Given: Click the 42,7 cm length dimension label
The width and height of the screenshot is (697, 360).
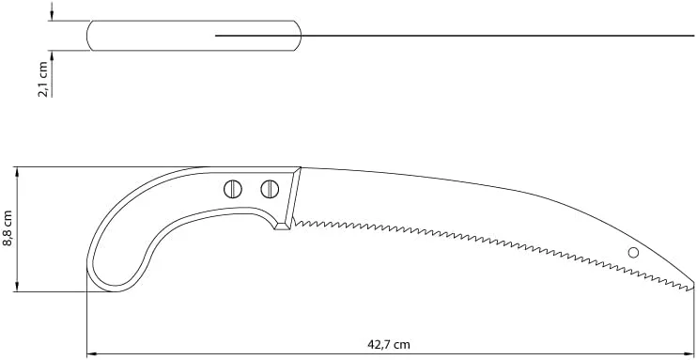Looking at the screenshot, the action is click(x=389, y=344).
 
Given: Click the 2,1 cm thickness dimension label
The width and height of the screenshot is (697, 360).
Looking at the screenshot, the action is click(x=43, y=79).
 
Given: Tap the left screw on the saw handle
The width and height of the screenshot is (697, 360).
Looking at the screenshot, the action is click(x=233, y=189).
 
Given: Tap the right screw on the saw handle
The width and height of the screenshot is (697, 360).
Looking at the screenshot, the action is click(x=270, y=189).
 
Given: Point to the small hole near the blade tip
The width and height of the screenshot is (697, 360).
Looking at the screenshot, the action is click(x=633, y=253).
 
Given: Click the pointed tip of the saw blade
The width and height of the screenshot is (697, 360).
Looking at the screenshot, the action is click(x=693, y=283).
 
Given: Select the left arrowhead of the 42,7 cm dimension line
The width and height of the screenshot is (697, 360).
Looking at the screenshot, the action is click(x=91, y=354).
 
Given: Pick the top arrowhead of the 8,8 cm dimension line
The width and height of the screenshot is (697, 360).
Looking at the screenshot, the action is click(x=17, y=172).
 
